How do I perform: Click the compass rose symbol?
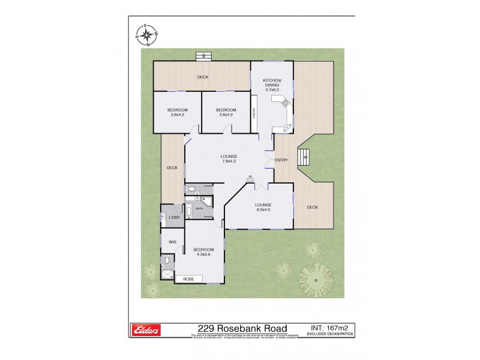tap(146, 35)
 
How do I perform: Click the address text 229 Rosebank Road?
tap(242, 328)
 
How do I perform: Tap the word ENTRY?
tap(281, 160)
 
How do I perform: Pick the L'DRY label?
tap(174, 217)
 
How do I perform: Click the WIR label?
tap(172, 242)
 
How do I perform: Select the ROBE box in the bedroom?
tap(188, 279)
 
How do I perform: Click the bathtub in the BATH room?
tap(190, 211)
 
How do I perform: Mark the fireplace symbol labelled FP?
tap(250, 178)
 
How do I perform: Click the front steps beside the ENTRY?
tap(305, 158)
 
